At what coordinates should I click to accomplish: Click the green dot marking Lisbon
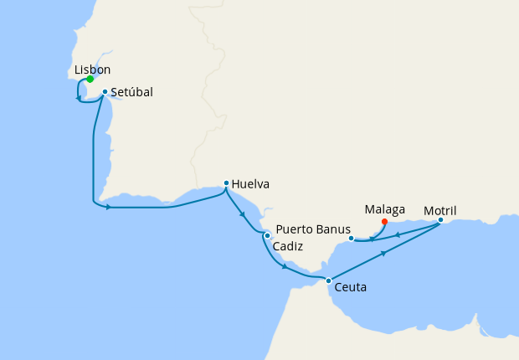90,80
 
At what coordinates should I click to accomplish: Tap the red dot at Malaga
384,222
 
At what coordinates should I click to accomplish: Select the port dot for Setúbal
105,92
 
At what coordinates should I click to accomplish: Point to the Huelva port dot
226,183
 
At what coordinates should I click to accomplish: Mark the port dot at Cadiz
267,235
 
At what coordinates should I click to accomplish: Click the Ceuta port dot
328,280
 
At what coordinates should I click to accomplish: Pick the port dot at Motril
440,220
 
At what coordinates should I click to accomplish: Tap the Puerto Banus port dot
351,238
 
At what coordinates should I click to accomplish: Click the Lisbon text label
92,69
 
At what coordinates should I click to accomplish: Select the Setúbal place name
131,92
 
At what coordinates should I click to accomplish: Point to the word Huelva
252,183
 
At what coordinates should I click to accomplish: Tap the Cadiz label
288,247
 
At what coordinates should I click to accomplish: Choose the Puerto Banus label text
310,229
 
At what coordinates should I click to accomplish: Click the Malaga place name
385,208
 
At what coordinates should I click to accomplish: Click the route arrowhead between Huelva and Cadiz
244,214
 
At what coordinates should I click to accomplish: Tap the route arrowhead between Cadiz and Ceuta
285,267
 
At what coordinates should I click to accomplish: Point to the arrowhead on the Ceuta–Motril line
384,251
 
